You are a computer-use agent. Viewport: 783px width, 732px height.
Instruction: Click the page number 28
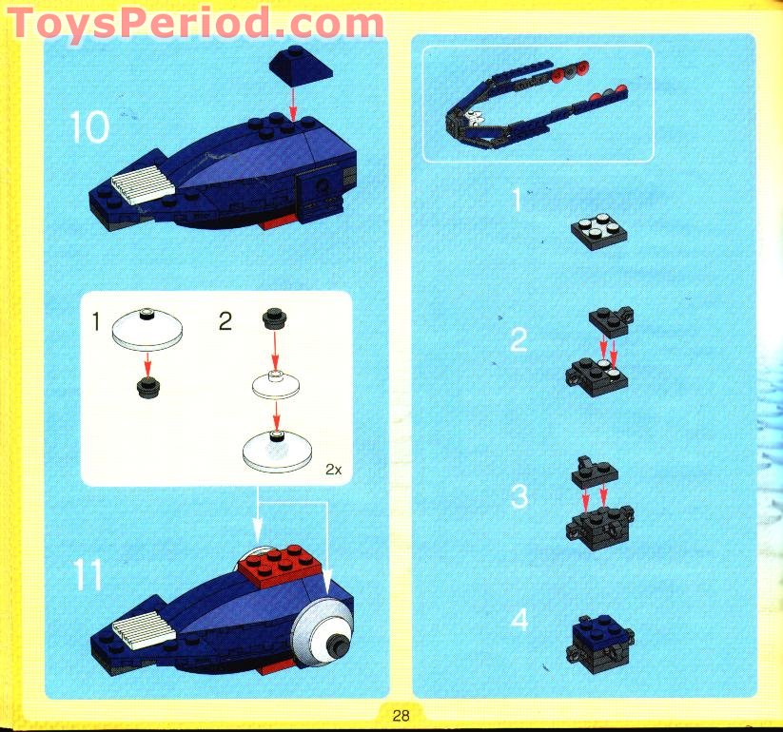click(401, 715)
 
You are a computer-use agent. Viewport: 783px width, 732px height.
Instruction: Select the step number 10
click(89, 125)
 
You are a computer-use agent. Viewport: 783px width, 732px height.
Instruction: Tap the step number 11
click(88, 575)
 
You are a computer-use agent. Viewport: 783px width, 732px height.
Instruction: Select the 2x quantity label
click(332, 469)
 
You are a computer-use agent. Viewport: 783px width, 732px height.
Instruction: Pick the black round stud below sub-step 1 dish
click(147, 385)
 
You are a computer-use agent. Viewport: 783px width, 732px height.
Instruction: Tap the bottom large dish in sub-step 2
click(276, 448)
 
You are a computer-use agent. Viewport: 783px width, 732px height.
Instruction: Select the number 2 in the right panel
click(518, 339)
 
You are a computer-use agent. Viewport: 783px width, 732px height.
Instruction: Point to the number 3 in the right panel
click(518, 495)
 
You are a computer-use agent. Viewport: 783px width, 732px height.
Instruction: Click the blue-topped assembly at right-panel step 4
click(599, 637)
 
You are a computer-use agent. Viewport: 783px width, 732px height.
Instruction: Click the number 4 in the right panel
click(519, 620)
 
